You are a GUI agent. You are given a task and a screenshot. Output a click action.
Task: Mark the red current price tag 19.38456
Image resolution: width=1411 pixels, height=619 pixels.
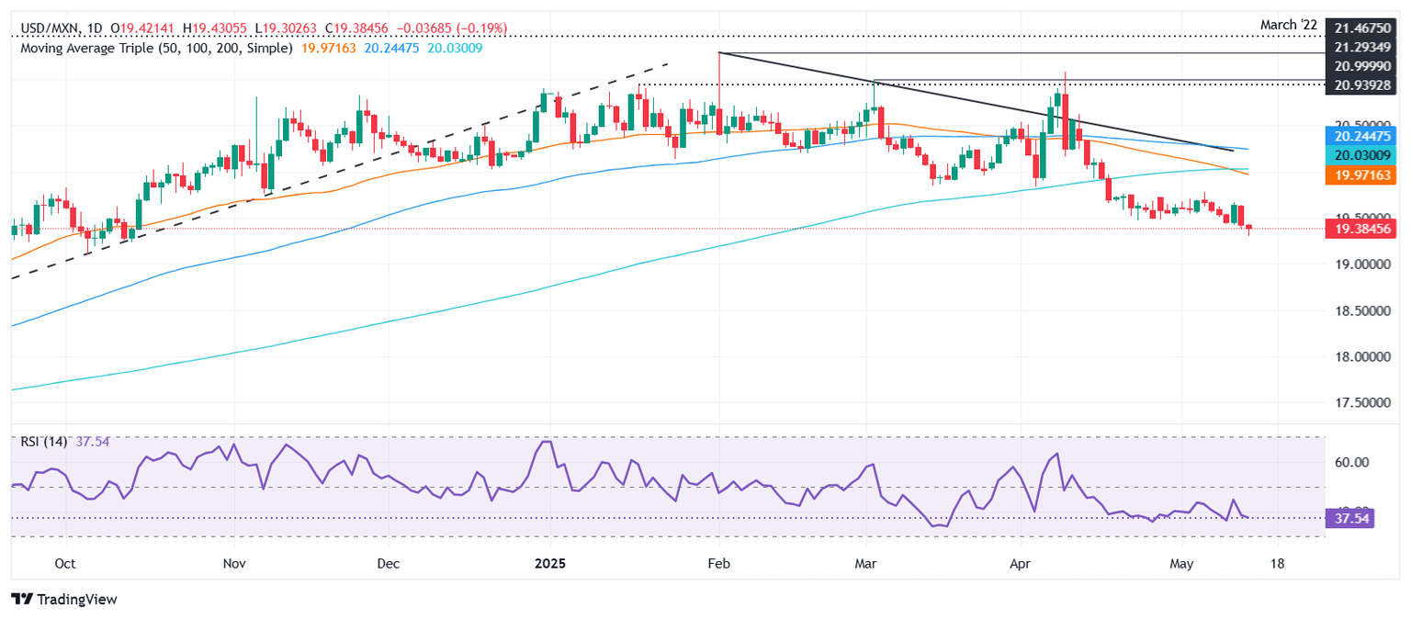tap(1364, 229)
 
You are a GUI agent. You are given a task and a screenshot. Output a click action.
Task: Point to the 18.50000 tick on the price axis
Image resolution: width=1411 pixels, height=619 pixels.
tap(1364, 310)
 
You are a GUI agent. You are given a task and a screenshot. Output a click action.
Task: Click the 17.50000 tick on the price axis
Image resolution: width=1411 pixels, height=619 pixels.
tap(1364, 402)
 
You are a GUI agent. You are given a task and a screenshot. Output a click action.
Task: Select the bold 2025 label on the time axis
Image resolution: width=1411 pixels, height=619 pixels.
tap(548, 561)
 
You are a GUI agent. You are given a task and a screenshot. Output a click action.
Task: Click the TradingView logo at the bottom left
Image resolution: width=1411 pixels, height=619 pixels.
tap(64, 599)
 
